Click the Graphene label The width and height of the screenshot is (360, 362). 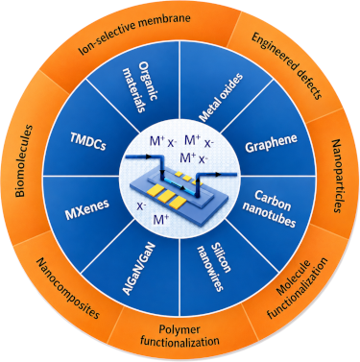[x=271, y=143]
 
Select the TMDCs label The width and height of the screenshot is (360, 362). [x=87, y=141]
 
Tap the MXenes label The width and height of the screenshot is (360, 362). [x=87, y=209]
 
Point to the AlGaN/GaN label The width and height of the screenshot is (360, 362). [x=138, y=269]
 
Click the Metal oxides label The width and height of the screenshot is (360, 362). [x=221, y=98]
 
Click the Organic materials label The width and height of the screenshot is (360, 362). [x=141, y=86]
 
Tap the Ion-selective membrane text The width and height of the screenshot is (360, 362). [x=134, y=32]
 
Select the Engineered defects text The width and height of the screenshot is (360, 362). [x=286, y=66]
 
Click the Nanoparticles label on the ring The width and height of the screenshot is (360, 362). [x=337, y=176]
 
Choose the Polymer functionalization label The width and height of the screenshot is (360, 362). [x=180, y=335]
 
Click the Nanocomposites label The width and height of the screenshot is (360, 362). [x=68, y=289]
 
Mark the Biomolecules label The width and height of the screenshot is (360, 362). [x=24, y=160]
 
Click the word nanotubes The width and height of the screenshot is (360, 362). [x=269, y=216]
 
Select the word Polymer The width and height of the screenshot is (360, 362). [x=180, y=330]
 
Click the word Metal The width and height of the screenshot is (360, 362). [x=209, y=110]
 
